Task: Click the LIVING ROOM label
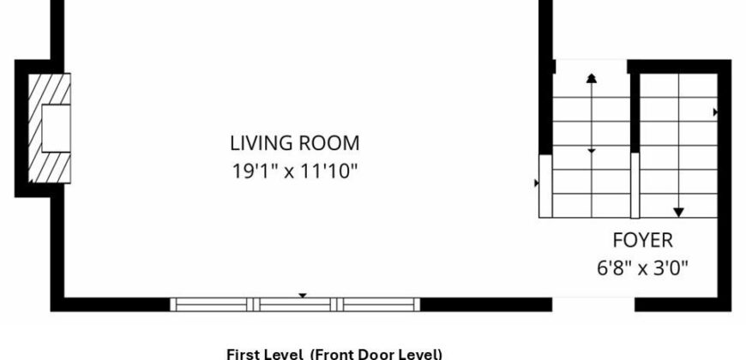294,143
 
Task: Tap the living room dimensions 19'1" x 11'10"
294,171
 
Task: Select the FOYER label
642,241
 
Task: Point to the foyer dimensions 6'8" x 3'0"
642,268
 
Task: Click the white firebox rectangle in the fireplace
56,128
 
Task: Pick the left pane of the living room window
211,304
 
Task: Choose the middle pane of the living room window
295,304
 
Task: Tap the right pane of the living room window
379,304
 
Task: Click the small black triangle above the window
302,296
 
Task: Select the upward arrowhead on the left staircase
592,79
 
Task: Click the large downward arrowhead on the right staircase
678,212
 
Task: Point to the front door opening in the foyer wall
593,304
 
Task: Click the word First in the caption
240,355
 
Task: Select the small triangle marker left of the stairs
537,183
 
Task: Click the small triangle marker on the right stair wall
715,112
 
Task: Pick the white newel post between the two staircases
635,185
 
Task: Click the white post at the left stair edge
545,186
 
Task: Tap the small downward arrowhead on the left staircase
592,151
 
